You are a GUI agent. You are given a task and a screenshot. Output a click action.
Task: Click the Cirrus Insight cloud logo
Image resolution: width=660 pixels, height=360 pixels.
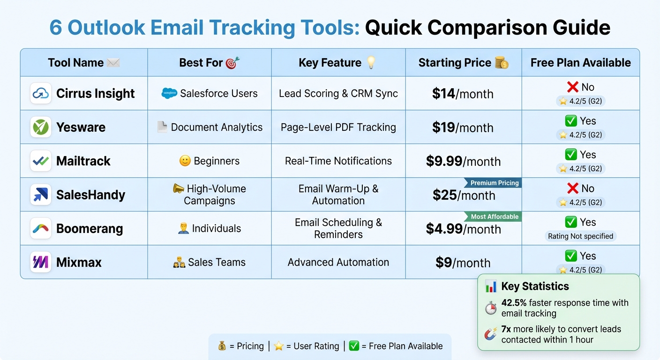point(41,93)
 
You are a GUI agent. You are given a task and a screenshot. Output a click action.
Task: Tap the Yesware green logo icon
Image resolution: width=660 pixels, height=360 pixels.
point(41,127)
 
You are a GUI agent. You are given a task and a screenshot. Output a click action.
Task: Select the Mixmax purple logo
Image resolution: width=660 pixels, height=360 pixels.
point(41,262)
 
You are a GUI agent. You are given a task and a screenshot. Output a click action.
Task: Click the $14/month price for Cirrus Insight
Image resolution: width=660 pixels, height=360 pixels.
point(463,94)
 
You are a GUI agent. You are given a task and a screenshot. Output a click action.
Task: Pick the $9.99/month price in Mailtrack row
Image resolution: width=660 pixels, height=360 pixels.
point(463,161)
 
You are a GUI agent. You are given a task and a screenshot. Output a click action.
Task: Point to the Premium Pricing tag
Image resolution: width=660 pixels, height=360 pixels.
point(494,183)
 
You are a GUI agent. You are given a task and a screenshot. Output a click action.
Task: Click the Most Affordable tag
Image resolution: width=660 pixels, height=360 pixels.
point(494,217)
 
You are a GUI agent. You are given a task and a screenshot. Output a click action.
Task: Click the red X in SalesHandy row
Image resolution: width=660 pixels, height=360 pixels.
point(572,188)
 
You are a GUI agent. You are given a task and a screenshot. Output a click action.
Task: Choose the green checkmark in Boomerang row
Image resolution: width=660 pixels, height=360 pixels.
point(571,222)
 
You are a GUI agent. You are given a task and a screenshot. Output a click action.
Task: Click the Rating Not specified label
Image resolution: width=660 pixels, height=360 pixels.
point(580,236)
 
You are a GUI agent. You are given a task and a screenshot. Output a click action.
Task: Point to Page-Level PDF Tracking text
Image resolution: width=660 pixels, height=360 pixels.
point(338,127)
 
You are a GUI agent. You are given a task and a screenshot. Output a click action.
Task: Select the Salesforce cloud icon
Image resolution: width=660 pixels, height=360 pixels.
point(169,93)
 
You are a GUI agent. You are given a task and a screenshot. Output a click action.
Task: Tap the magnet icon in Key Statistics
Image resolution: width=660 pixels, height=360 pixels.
point(490,334)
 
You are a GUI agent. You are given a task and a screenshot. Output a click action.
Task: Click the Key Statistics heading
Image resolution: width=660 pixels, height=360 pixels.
point(535,286)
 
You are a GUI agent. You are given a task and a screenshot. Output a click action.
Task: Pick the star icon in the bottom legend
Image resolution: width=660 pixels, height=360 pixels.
point(279,346)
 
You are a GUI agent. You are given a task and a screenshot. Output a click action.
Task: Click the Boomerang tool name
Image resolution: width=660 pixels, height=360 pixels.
point(90,229)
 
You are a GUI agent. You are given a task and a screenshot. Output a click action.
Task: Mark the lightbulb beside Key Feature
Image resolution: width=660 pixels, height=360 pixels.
point(371,63)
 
